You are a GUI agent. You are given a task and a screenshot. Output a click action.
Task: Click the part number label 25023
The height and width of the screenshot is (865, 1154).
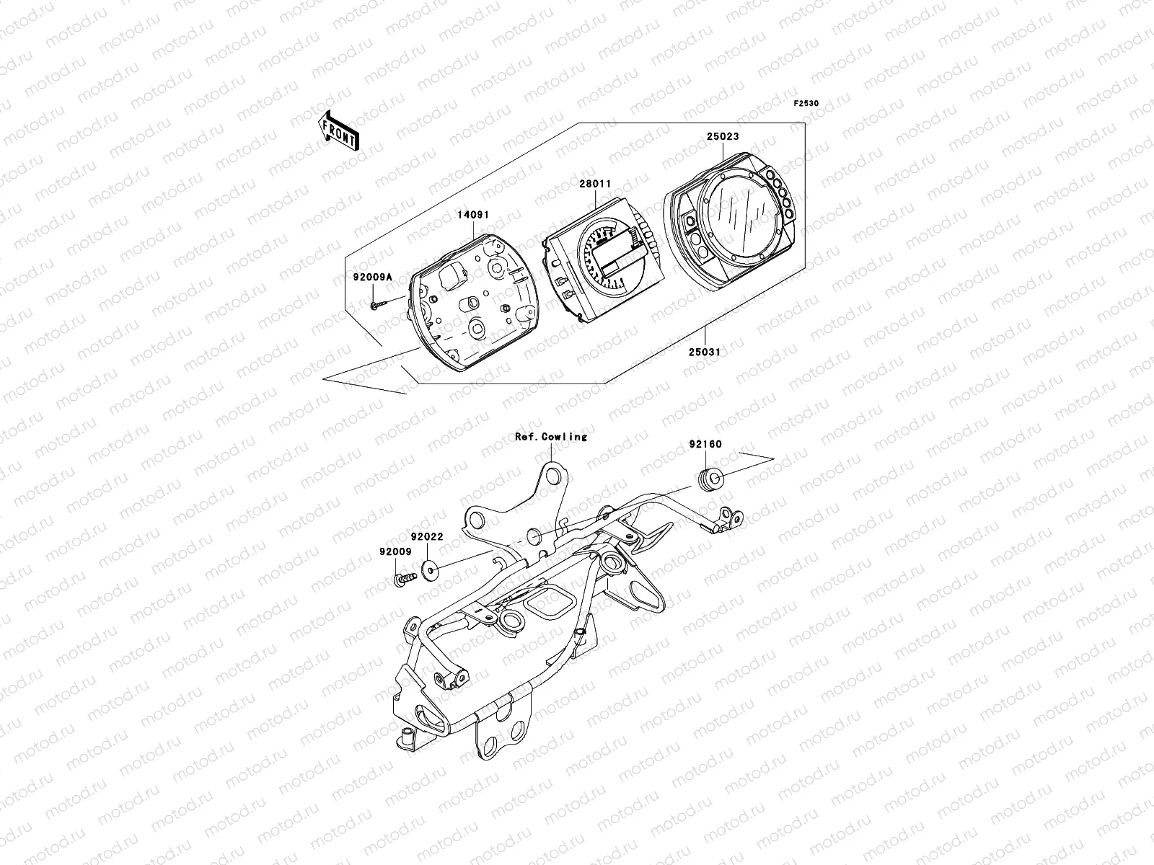pyautogui.click(x=722, y=136)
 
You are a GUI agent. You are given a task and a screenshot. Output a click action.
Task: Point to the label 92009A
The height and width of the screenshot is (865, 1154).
pyautogui.click(x=372, y=276)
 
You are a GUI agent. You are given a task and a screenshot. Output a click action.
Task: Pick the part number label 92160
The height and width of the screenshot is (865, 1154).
pyautogui.click(x=705, y=445)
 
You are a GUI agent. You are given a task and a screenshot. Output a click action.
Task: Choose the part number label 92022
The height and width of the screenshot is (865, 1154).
pyautogui.click(x=427, y=536)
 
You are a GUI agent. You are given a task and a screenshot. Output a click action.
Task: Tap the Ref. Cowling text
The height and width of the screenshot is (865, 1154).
pyautogui.click(x=551, y=437)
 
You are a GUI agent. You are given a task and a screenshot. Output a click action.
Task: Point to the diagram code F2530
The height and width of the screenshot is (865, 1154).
pyautogui.click(x=806, y=104)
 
